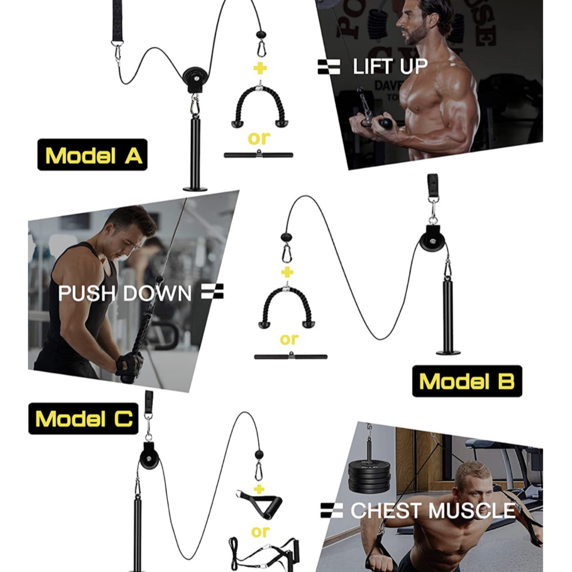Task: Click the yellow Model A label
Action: click(92, 155)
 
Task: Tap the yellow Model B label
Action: click(467, 381)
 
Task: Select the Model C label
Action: click(83, 418)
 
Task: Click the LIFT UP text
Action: click(390, 67)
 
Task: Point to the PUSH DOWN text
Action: click(125, 293)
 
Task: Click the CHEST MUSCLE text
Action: click(432, 511)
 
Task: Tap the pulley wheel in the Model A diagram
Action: click(195, 78)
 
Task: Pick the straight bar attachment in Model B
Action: click(290, 356)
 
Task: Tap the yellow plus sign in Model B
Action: click(287, 272)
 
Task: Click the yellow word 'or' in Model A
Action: click(258, 138)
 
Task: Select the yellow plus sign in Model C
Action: click(258, 488)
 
